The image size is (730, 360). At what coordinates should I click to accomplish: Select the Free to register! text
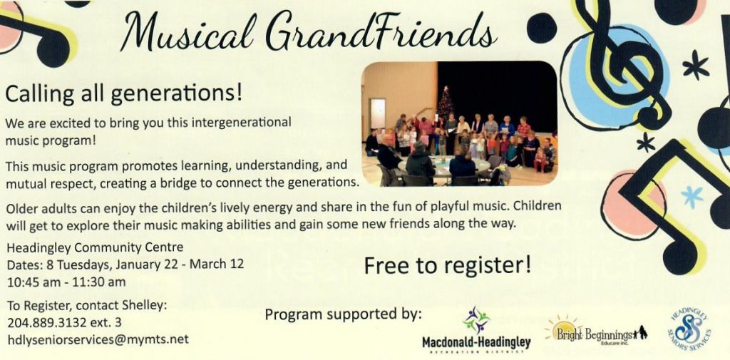448,265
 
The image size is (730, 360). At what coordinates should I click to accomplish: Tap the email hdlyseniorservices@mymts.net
98,339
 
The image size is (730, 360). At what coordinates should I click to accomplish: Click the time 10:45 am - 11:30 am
66,282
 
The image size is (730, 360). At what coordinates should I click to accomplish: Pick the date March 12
217,264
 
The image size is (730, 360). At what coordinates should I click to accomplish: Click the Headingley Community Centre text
95,247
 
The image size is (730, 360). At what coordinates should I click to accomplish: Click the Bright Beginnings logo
597,332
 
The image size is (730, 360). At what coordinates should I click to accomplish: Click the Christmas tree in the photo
445,103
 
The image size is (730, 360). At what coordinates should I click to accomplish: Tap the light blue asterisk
692,196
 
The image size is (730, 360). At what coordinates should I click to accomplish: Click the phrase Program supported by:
343,315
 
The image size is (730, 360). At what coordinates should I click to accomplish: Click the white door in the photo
378,114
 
